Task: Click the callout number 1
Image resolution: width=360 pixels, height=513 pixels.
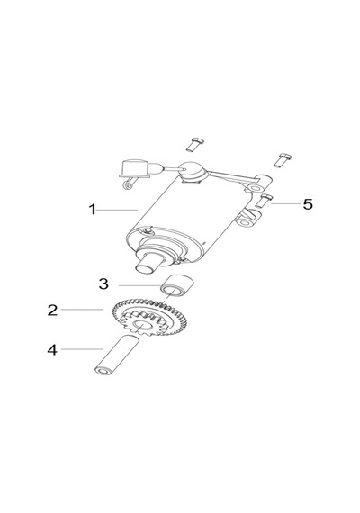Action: (x=93, y=210)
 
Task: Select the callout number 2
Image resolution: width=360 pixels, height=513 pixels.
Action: (x=53, y=310)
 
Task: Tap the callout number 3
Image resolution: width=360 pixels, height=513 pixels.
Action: (x=103, y=283)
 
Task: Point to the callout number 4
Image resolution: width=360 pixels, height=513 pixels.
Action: (x=52, y=350)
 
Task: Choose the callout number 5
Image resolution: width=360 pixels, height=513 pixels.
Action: (x=308, y=204)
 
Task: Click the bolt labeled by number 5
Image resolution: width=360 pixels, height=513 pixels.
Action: (x=264, y=201)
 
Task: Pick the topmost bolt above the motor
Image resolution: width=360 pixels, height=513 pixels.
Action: (x=194, y=145)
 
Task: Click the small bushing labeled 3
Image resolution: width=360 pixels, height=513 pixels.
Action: (x=176, y=285)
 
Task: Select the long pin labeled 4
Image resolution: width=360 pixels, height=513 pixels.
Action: (x=117, y=355)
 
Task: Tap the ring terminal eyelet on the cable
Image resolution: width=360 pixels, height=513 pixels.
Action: (x=127, y=185)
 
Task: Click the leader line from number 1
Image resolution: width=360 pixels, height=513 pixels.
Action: (x=118, y=210)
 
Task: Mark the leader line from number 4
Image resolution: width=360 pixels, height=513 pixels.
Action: (x=82, y=349)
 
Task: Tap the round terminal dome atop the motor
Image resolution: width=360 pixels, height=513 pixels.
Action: (x=193, y=171)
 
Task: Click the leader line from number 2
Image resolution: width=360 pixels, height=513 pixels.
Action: (x=83, y=310)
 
